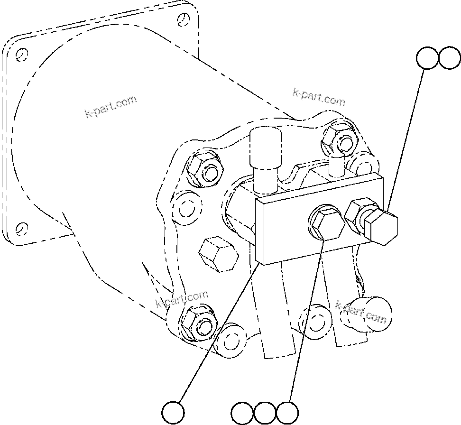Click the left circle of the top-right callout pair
tap(427, 58)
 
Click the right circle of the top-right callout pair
tap(449, 58)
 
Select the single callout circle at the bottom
tap(173, 412)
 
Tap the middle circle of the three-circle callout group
tap(265, 413)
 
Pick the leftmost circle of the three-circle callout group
tap(242, 413)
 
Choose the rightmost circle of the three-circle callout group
tap(287, 413)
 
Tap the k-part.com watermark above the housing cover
tap(319, 97)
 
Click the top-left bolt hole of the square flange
tap(20, 54)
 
